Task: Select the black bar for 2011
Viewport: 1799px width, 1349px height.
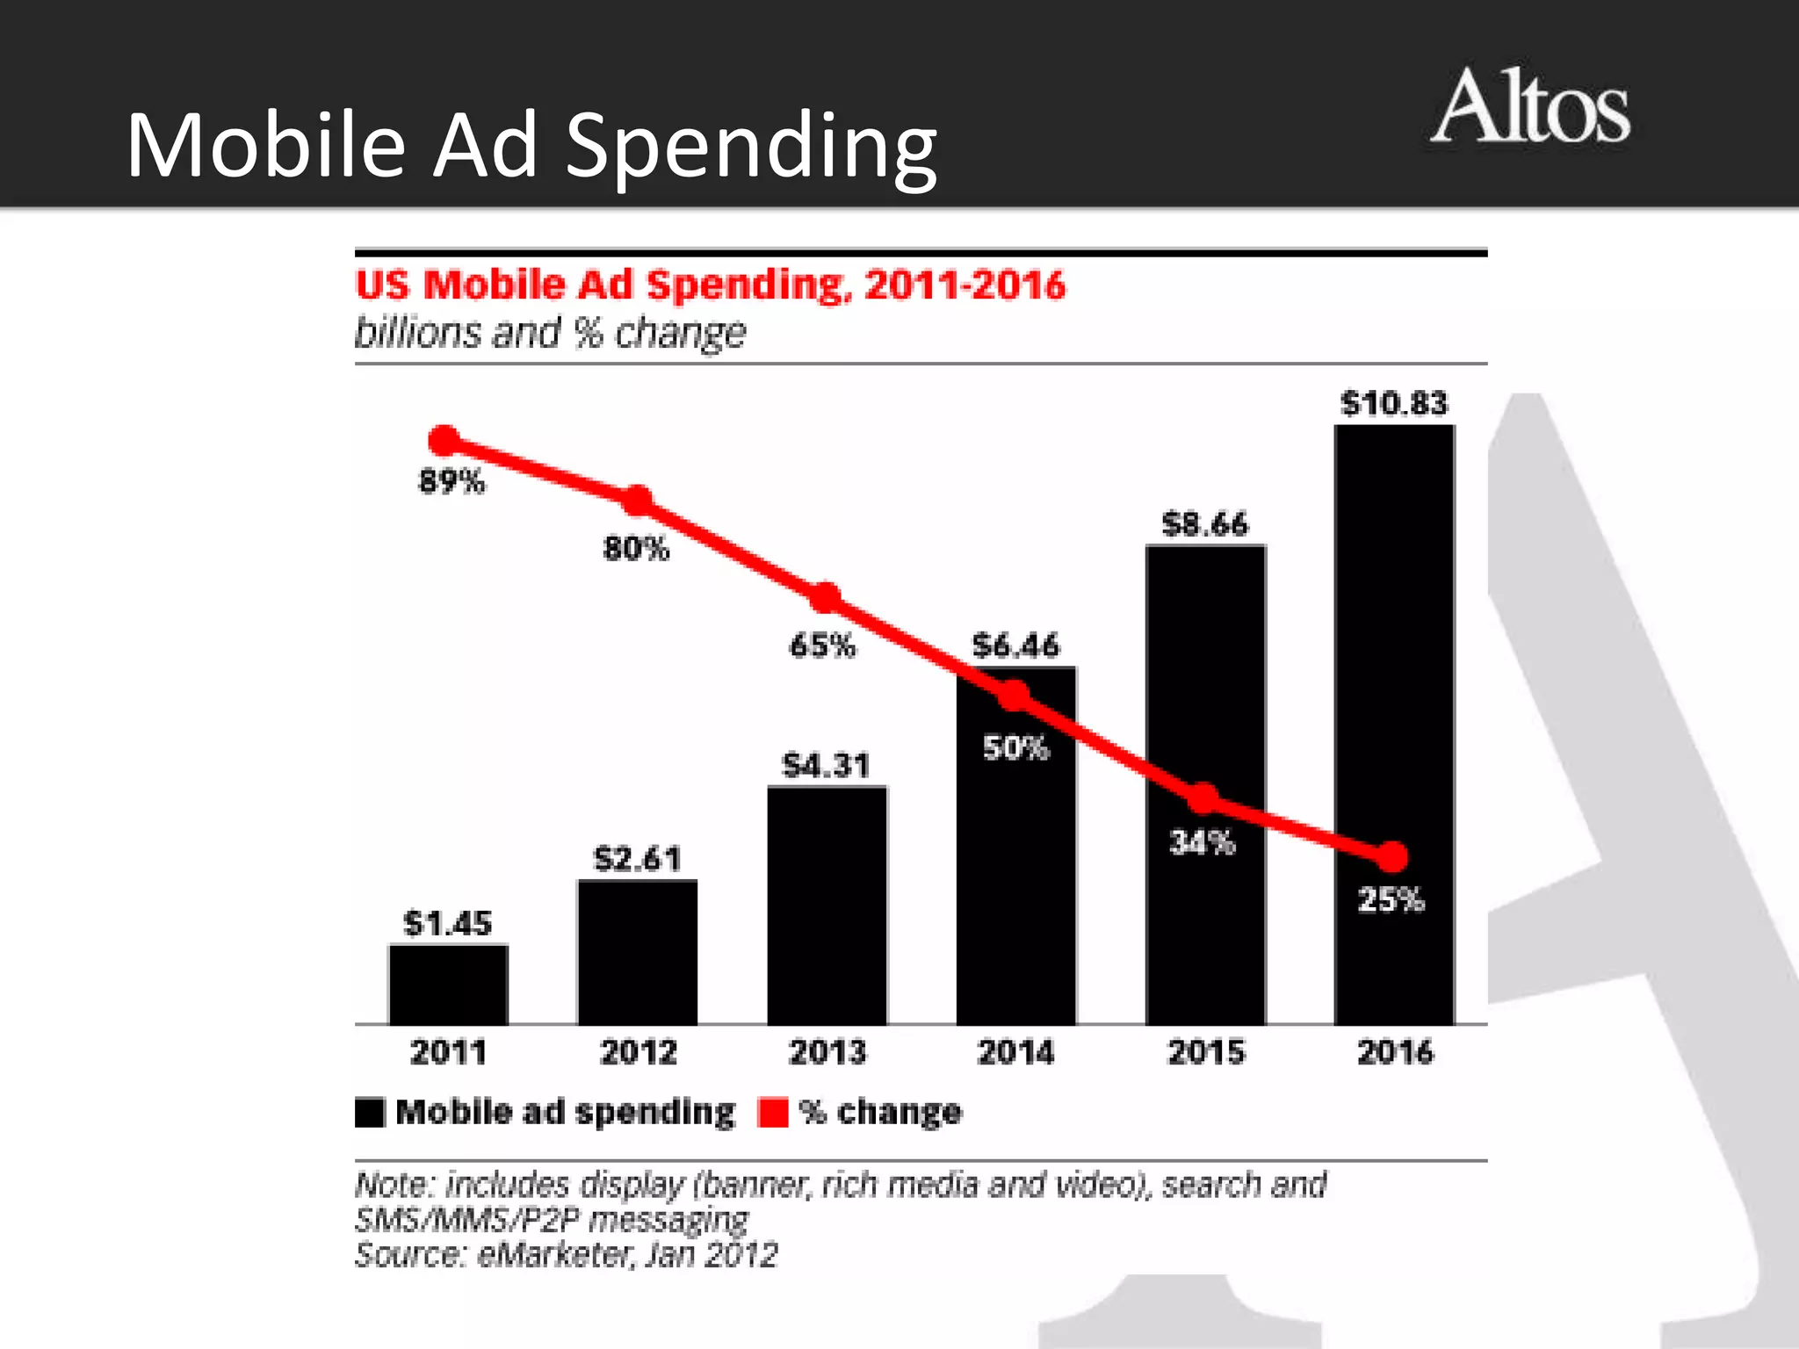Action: point(448,985)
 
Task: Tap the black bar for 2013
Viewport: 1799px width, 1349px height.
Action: point(827,905)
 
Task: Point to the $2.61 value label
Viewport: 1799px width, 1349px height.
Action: point(638,859)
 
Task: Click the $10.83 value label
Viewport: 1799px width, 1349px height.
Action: point(1394,403)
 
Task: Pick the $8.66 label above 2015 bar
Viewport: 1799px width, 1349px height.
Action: point(1204,524)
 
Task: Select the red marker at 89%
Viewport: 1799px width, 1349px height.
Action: point(444,441)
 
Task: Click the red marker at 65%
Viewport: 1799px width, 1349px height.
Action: point(825,598)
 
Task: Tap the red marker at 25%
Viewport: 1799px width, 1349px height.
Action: point(1391,856)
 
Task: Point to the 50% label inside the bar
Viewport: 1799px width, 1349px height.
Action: point(1015,748)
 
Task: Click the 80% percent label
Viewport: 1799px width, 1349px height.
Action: point(636,549)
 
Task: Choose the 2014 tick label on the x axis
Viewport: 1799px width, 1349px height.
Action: point(1016,1052)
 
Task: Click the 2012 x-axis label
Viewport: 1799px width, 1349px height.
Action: point(638,1052)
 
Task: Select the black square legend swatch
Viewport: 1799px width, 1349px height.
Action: point(370,1112)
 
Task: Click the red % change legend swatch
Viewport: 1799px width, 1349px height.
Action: point(773,1112)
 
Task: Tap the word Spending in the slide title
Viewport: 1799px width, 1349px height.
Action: point(751,147)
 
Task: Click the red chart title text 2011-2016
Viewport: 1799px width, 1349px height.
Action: point(965,286)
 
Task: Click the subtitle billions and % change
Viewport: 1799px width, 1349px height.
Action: point(550,334)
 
